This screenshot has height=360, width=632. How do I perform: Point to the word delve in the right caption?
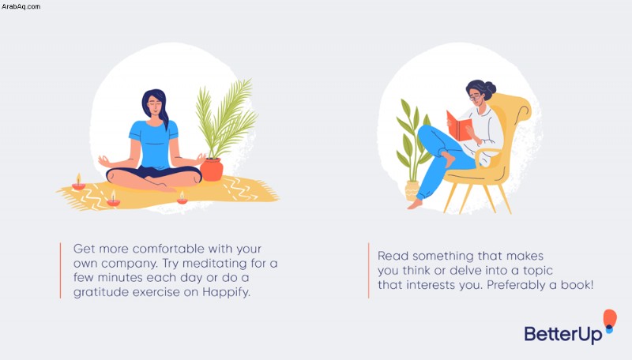tap(465, 271)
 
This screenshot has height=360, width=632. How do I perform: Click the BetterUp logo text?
tap(563, 334)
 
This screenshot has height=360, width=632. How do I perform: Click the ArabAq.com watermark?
tap(21, 6)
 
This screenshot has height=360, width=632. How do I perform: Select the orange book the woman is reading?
tap(459, 126)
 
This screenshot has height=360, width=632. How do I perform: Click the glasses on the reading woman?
tap(475, 97)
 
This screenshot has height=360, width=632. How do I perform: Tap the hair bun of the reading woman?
tap(491, 88)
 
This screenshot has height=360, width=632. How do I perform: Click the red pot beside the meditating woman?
tap(212, 170)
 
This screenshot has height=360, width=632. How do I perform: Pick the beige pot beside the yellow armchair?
tap(412, 190)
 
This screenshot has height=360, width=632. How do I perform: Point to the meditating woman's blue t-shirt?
tap(153, 144)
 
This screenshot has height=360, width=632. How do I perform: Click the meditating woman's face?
tap(155, 107)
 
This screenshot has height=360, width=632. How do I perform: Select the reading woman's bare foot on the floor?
tap(415, 204)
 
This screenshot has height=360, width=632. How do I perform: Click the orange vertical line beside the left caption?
tap(61, 270)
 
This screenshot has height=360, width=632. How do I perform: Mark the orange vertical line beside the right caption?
tap(368, 270)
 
